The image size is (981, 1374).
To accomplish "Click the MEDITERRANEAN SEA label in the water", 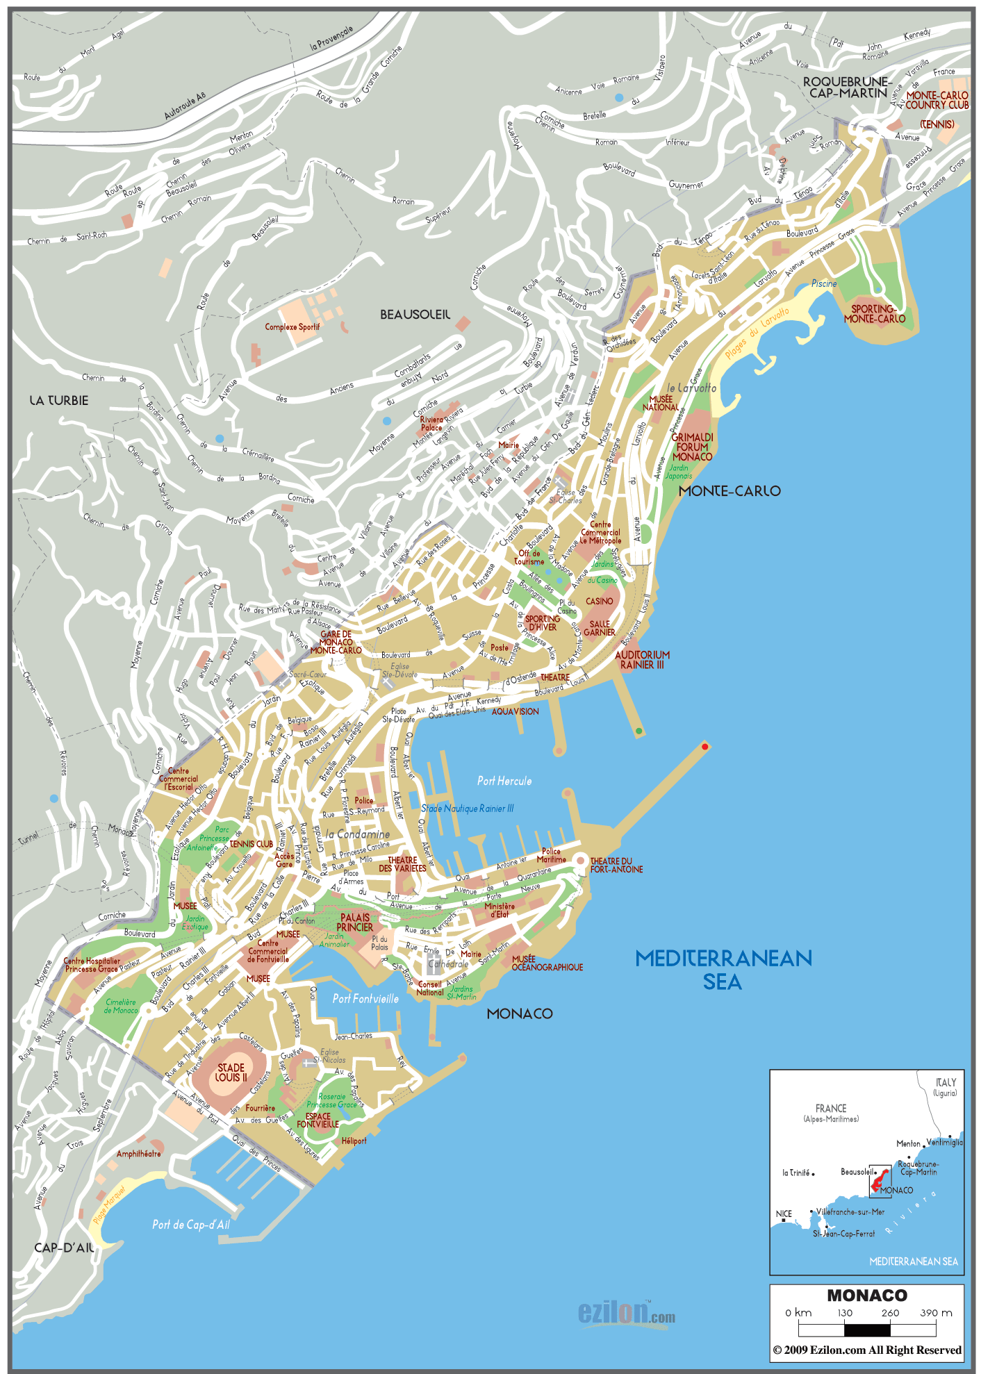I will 723,970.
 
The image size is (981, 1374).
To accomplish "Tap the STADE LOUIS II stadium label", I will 231,1073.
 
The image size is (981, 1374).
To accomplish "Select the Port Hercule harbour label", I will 504,781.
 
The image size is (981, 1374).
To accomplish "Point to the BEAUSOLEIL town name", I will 415,315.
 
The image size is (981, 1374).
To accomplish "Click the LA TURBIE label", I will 59,401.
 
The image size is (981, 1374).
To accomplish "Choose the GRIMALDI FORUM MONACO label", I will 692,447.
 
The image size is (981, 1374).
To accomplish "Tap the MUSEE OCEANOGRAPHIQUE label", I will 546,963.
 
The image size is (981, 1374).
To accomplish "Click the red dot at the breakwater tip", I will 704,747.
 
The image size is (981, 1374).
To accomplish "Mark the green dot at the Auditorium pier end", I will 638,731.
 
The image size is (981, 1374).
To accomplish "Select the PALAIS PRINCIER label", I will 355,922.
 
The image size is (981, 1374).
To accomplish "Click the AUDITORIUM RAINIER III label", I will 642,659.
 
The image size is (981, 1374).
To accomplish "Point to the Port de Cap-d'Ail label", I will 190,1225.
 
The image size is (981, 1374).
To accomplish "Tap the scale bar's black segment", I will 866,1330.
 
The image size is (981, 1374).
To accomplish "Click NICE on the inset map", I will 784,1214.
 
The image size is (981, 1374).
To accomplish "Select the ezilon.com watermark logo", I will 625,1312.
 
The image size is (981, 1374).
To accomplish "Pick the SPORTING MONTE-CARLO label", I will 874,314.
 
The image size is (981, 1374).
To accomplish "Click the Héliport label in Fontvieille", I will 354,1141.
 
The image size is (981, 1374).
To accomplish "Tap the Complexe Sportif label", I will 292,326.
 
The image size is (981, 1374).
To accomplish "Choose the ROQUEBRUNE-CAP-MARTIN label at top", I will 847,87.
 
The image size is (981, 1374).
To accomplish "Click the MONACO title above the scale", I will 866,1296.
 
